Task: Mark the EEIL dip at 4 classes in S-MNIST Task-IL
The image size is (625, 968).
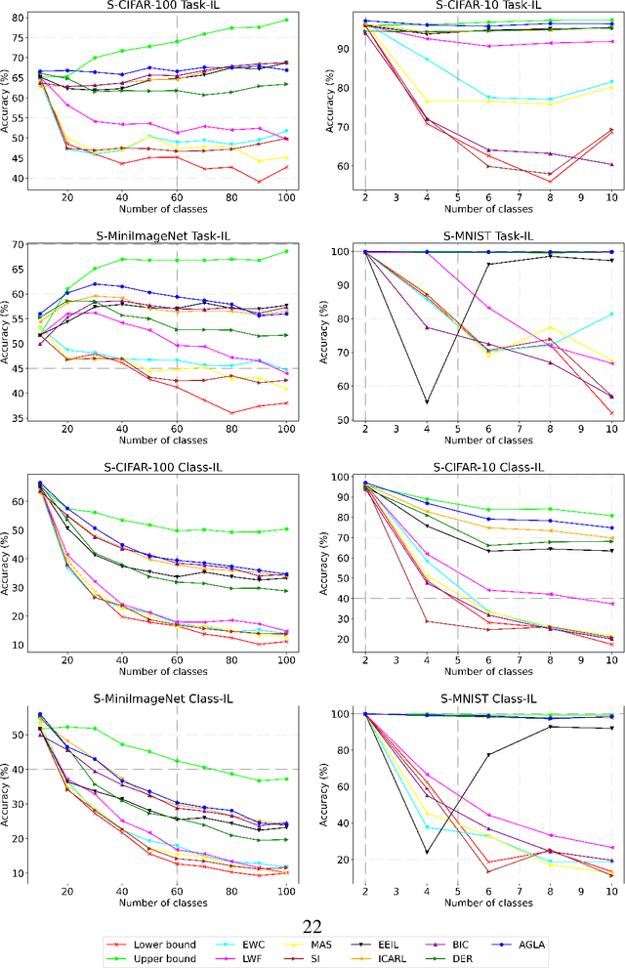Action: coord(426,402)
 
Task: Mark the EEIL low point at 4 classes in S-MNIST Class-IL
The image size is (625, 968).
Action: coord(426,852)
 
